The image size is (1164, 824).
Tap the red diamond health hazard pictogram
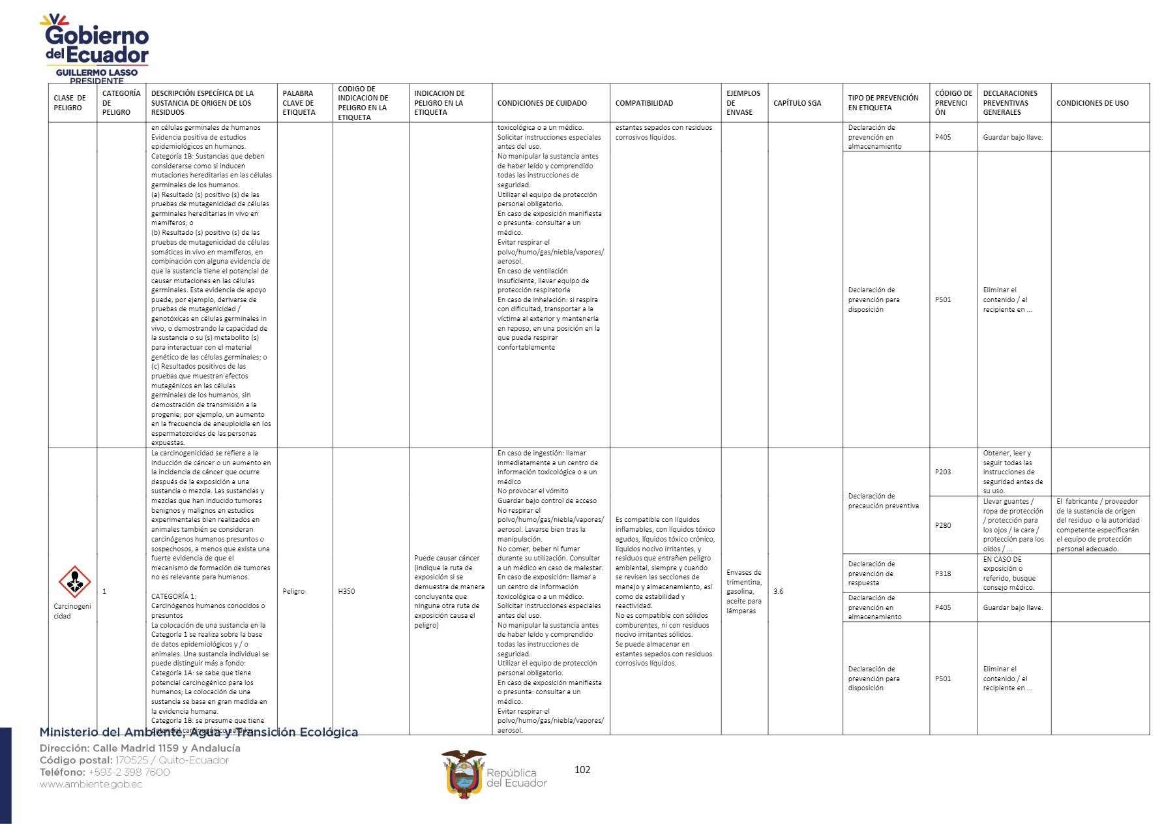(74, 581)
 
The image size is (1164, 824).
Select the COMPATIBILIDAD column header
(644, 103)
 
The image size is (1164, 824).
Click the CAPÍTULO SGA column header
(797, 103)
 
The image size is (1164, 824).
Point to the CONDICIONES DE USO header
(1092, 103)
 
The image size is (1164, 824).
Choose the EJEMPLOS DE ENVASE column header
(743, 103)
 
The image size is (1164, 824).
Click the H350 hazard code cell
(346, 591)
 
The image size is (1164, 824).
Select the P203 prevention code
(942, 472)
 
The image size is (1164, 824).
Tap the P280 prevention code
(942, 525)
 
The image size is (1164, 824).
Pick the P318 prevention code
(942, 573)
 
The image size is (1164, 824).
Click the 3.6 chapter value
(778, 591)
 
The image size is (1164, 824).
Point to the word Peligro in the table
(293, 591)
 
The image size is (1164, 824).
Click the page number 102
(582, 770)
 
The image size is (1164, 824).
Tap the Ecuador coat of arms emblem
(464, 774)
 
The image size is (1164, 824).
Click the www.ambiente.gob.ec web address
(91, 784)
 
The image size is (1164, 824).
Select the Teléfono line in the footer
(104, 772)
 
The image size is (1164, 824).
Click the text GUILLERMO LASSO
(97, 72)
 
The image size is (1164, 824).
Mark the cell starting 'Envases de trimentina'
(743, 592)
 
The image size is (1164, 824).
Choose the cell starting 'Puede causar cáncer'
(449, 591)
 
